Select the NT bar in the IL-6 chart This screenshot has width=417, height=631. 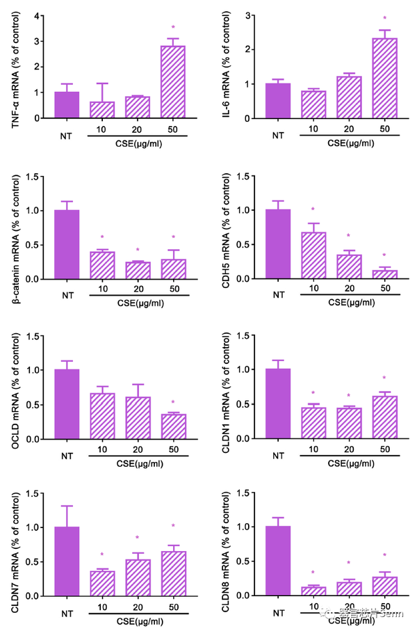(279, 101)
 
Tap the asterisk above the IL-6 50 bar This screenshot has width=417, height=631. (384, 18)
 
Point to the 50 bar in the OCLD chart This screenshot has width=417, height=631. (174, 426)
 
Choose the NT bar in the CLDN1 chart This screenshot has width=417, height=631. (279, 404)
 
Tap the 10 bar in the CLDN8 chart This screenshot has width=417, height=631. (313, 591)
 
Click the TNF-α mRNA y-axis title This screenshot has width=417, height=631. (15, 66)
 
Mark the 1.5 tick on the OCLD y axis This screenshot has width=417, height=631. (31, 335)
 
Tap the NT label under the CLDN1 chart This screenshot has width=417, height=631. (279, 456)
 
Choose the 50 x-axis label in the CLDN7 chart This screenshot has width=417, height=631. (174, 606)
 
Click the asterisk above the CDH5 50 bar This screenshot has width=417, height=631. (384, 255)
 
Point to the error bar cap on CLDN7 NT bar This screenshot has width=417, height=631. (67, 506)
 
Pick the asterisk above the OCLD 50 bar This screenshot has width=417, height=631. (174, 402)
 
